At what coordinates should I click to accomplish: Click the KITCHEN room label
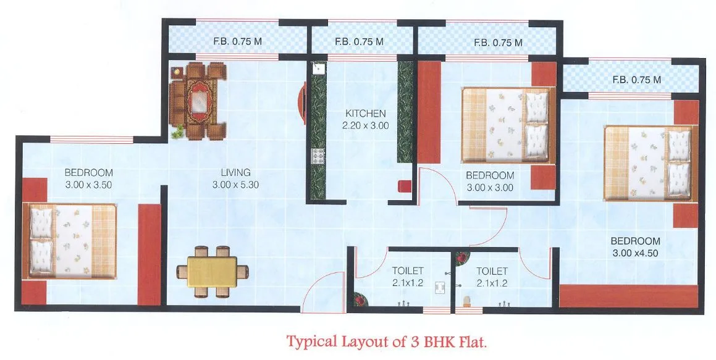(x=366, y=114)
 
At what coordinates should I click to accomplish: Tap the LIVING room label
(x=235, y=172)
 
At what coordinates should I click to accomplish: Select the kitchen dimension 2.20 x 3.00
(x=366, y=125)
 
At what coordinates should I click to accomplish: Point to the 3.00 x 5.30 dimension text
(x=235, y=184)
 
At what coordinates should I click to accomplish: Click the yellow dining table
(x=213, y=271)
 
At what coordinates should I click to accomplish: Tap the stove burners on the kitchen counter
(x=319, y=158)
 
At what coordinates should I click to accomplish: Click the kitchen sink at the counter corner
(x=319, y=67)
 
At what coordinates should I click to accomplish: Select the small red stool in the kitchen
(x=405, y=186)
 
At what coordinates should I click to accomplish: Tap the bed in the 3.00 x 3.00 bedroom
(x=506, y=125)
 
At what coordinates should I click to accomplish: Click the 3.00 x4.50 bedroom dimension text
(x=635, y=253)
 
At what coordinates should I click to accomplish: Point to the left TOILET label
(x=408, y=271)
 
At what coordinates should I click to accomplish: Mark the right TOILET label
(x=492, y=271)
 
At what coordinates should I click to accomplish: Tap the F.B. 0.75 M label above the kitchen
(x=359, y=42)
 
